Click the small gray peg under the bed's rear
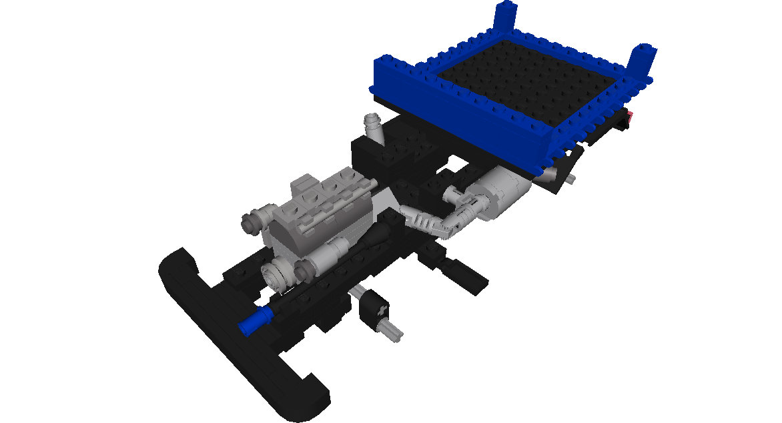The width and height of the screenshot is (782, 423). point(572,179)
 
